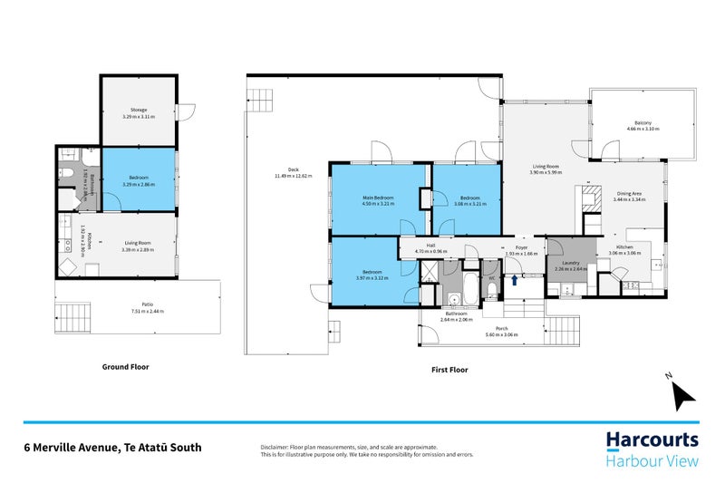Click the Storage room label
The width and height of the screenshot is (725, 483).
point(139,111)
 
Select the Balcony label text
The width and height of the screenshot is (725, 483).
point(643,123)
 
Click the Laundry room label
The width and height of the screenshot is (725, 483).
point(571,263)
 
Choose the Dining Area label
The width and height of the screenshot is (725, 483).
point(630,193)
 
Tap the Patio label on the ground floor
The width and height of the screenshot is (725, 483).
point(139,305)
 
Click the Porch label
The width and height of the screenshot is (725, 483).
point(501,329)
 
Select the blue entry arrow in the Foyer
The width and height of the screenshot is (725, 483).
point(516,281)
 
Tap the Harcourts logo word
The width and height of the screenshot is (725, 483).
point(652,441)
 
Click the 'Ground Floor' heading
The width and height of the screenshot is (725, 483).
point(125,367)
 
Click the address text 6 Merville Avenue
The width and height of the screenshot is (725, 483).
point(112,447)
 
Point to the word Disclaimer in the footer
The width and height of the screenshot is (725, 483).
point(275,446)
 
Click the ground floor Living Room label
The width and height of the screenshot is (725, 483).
point(139,242)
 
